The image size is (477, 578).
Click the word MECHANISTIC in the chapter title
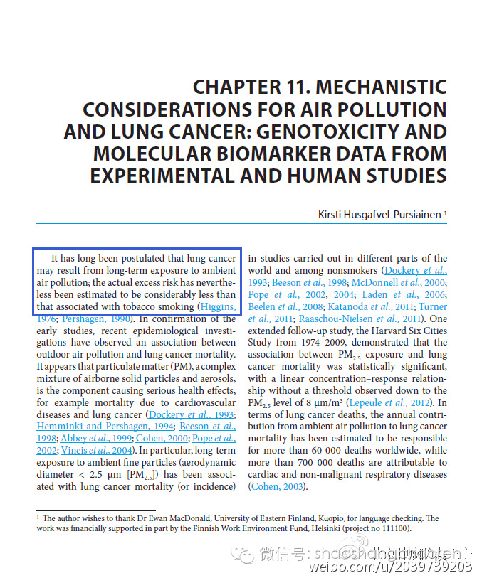click(x=381, y=87)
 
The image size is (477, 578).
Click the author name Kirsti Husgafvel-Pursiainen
click(x=379, y=214)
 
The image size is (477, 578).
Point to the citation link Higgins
click(x=219, y=306)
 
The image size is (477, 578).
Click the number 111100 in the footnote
click(x=395, y=528)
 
